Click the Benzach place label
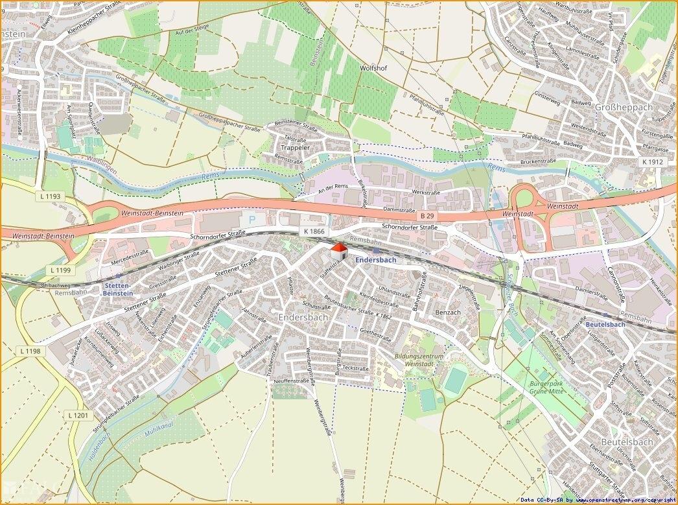[448, 312]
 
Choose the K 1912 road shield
[653, 161]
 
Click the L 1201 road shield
[80, 415]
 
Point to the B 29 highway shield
[426, 215]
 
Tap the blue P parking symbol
[252, 220]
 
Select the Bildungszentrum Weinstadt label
[419, 361]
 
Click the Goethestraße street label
[376, 333]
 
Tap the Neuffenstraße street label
[291, 381]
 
